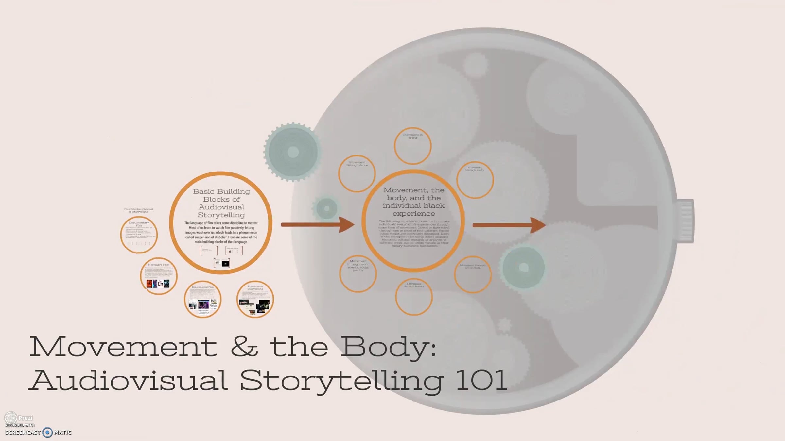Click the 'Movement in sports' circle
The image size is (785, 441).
413,146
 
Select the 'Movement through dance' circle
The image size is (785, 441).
357,173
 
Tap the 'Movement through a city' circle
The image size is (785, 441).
475,180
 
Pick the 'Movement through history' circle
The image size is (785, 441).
414,297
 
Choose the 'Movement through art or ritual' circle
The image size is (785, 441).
473,274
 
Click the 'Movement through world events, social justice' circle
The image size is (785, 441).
358,273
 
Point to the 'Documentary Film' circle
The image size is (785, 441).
139,235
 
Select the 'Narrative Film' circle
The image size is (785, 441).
159,276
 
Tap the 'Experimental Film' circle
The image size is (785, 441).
202,299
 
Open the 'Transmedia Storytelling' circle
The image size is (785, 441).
255,299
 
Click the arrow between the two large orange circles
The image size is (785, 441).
317,224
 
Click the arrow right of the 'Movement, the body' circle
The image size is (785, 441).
509,225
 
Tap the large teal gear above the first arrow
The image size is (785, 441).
293,152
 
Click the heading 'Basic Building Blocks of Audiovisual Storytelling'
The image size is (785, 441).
221,203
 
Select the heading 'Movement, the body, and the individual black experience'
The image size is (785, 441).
414,202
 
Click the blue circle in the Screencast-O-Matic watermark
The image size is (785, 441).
48,433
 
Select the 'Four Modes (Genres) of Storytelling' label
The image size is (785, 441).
139,210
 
